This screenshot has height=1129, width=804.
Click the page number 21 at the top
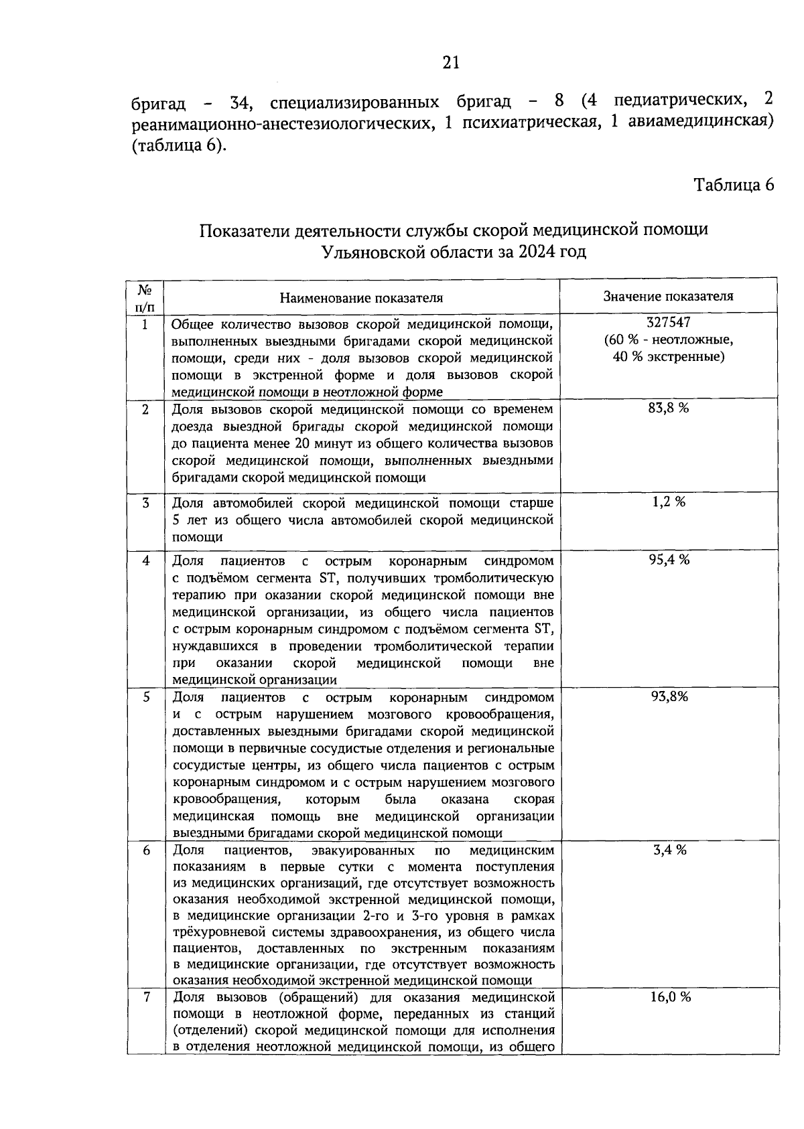coord(451,62)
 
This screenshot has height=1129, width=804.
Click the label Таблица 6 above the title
coord(734,185)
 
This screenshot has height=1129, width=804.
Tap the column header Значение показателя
coord(668,296)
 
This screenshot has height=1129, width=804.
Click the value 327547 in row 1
coord(668,322)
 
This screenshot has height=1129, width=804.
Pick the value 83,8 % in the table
coord(668,408)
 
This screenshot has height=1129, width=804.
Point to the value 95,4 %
coord(668,560)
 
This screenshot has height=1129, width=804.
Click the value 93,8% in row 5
coord(669,696)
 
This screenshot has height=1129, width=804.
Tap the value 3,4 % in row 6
coord(669,850)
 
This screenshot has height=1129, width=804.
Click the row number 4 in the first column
coord(145,560)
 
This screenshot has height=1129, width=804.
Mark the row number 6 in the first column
coord(145,850)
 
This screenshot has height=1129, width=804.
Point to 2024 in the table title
coord(527,252)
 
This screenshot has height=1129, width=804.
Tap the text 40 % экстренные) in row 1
coord(668,357)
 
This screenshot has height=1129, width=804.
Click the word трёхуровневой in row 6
coord(214,931)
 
